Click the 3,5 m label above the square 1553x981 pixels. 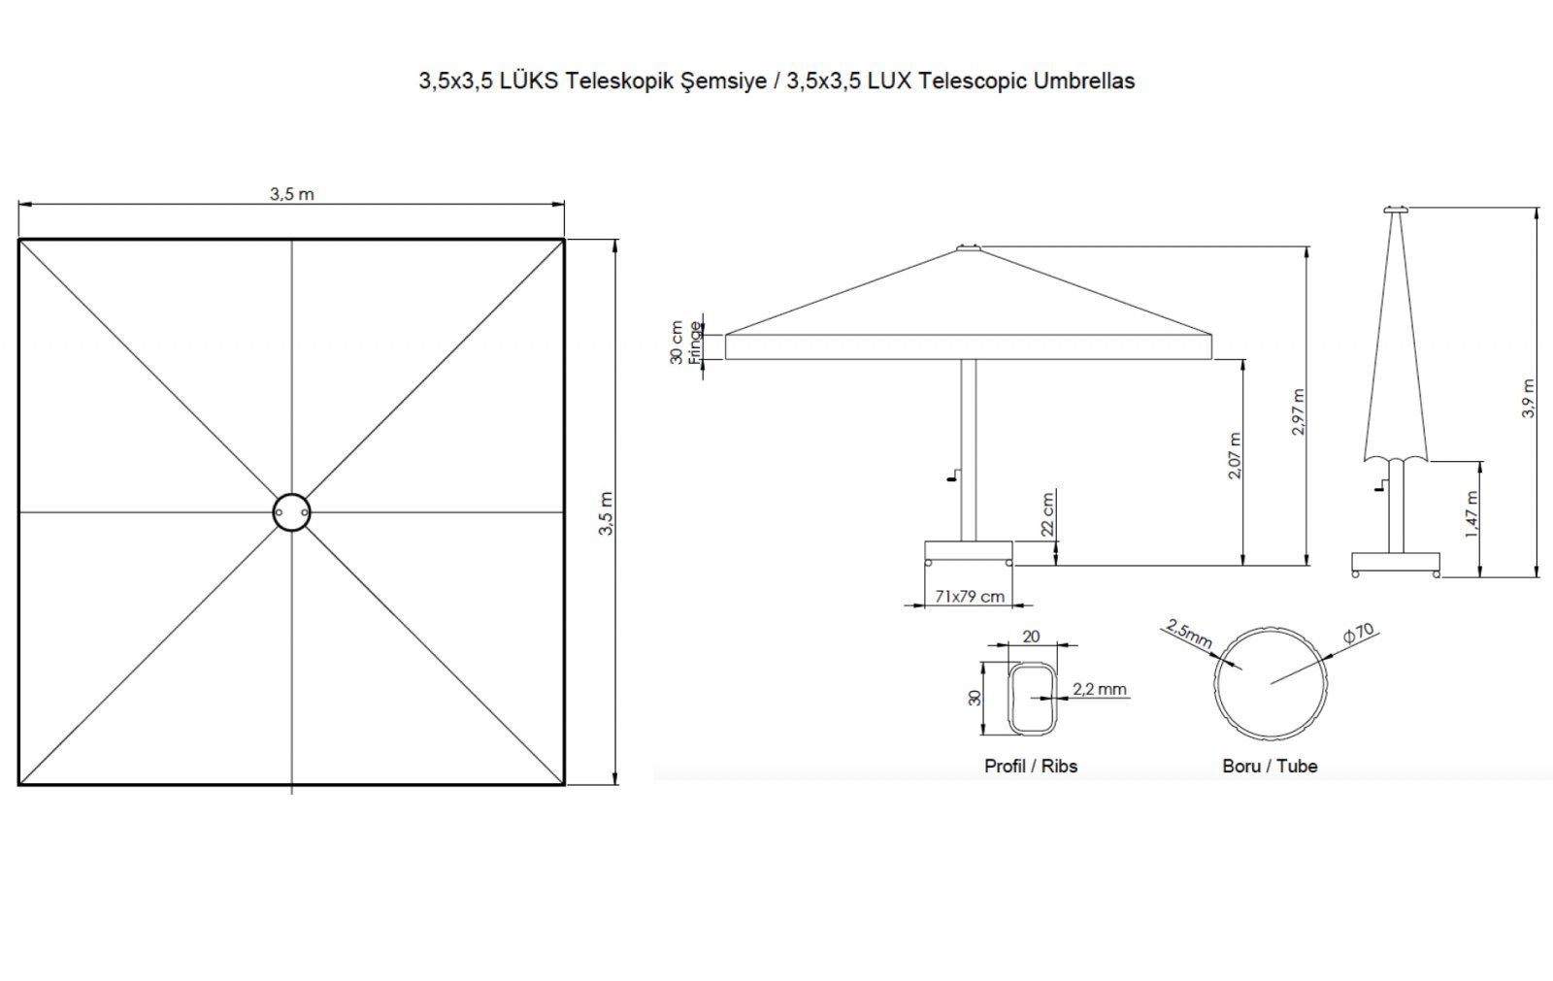coord(292,194)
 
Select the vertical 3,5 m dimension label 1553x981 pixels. coord(606,513)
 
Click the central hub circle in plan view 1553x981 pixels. coord(292,495)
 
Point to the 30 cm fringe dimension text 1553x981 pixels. coord(677,343)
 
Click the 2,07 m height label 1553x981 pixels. coord(1235,455)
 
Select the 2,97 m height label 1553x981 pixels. coord(1299,411)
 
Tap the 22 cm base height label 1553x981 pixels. coord(1047,513)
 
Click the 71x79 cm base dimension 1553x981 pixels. coord(970,596)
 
